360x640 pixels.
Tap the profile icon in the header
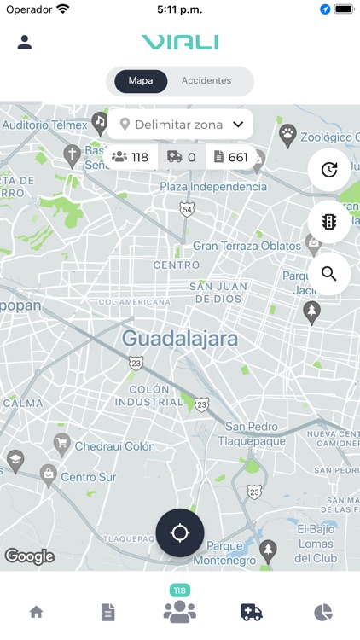tap(25, 42)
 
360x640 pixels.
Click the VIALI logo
tap(180, 42)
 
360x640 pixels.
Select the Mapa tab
tap(141, 81)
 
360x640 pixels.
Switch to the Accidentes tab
tap(206, 81)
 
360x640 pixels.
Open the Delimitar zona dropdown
tap(181, 125)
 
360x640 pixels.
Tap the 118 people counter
tap(131, 157)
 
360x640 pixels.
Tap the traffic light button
tap(329, 222)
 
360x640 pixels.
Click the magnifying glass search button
tap(329, 274)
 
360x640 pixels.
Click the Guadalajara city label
tap(179, 338)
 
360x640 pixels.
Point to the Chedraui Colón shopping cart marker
tap(61, 443)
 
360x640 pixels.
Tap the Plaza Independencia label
tap(213, 186)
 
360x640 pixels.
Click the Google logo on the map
tap(30, 557)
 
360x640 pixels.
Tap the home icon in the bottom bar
tap(36, 612)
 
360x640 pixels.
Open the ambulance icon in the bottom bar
tap(252, 612)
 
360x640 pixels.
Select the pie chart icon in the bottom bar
tap(323, 612)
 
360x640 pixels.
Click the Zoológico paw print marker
tap(288, 133)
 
